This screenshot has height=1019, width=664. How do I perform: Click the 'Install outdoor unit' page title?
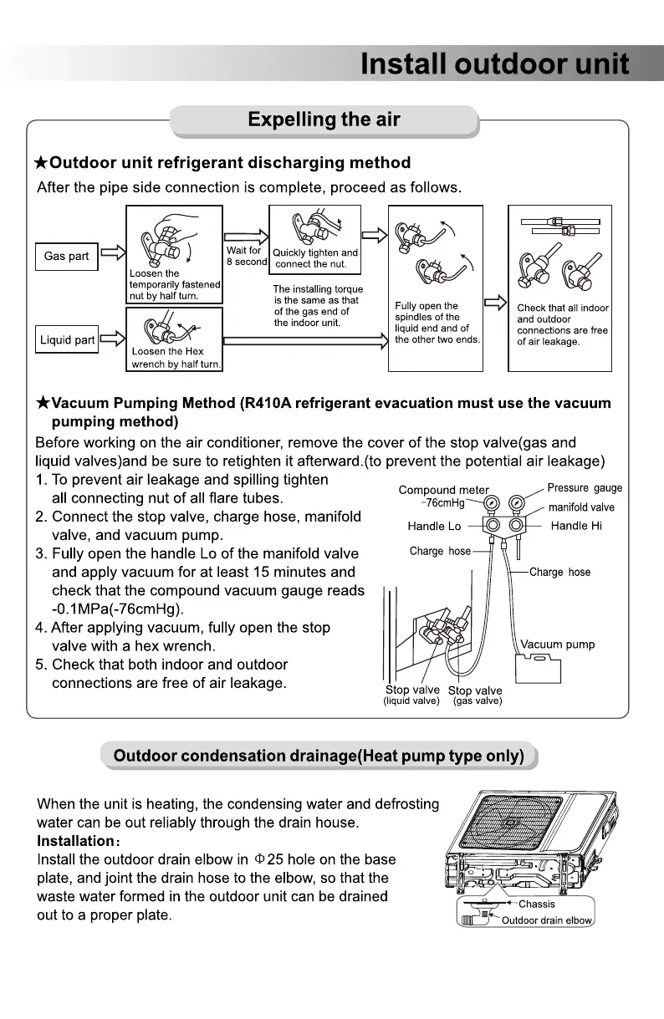pos(494,64)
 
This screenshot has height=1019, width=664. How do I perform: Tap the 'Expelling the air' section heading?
pos(324,120)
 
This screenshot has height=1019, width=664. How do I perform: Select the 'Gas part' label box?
pos(66,257)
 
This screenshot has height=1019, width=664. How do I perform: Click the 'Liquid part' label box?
pos(68,340)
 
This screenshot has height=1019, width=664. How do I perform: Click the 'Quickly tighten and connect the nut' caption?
pos(315,258)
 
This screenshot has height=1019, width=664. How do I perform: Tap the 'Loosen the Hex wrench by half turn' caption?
pos(175,358)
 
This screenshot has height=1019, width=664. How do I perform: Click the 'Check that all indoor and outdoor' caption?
pos(562,324)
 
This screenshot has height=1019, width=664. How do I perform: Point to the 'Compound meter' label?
pos(443,490)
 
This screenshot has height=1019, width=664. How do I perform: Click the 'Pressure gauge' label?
pos(585,488)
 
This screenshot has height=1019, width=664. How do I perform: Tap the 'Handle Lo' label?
pos(434,526)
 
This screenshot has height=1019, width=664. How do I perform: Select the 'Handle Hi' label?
pos(576,526)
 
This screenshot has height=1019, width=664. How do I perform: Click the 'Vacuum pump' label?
pos(557,645)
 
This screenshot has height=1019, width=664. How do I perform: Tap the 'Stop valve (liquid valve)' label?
pos(411,695)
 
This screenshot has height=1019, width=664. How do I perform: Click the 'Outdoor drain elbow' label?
pos(546,920)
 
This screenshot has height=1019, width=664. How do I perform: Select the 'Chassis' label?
pos(536,904)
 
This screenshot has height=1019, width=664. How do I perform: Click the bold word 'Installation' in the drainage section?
pos(75,841)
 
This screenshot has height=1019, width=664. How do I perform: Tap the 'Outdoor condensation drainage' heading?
pos(319,757)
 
